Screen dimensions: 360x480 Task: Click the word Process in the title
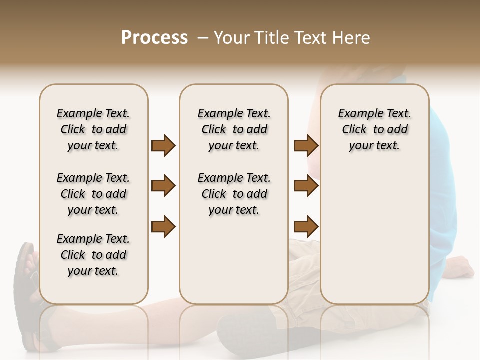click(154, 38)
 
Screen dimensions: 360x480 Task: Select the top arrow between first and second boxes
click(163, 146)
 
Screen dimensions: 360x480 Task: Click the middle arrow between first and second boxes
click(163, 186)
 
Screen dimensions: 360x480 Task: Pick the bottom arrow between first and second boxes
click(163, 226)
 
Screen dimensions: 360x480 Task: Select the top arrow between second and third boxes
click(306, 146)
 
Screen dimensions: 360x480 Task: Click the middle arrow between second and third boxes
click(306, 186)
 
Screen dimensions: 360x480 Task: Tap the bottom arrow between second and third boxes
click(306, 226)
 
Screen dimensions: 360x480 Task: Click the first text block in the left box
click(93, 129)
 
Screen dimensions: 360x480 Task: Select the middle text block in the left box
click(93, 194)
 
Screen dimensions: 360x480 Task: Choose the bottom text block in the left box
click(93, 255)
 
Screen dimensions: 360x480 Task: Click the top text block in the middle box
click(234, 129)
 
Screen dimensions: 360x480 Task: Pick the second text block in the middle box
click(234, 194)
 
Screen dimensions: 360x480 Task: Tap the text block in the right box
click(374, 129)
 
